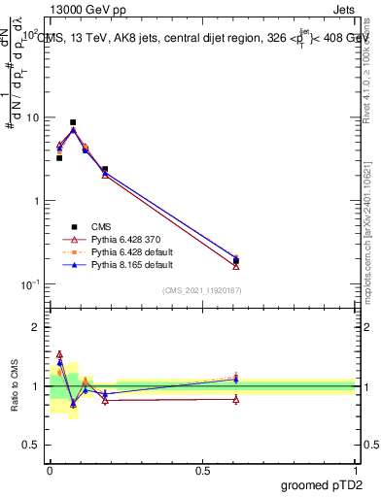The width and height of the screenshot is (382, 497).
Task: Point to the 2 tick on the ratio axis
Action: pos(36,327)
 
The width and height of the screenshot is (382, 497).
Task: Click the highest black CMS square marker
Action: pos(73,122)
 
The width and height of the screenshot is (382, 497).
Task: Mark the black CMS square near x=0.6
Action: pos(236,261)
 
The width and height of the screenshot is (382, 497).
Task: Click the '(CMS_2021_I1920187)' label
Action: pos(201,290)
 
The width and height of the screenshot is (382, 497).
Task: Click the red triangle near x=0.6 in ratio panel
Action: pos(236,399)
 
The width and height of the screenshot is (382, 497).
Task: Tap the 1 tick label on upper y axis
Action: pos(37,201)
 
